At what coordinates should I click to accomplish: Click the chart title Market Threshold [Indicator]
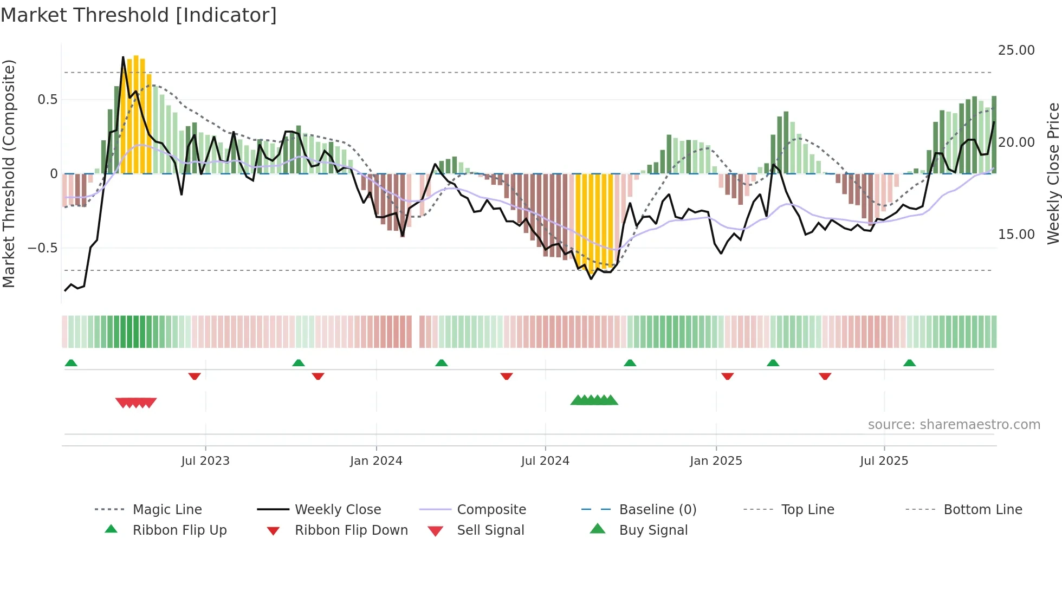coord(139,15)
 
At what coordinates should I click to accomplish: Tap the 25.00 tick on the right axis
coord(1016,50)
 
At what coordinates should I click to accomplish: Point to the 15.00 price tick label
coord(1016,235)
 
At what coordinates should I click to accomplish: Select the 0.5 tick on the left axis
coord(48,100)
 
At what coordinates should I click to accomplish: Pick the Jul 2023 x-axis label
coord(205,461)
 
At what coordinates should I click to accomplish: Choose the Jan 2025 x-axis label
coord(716,461)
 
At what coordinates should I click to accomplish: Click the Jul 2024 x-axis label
coord(545,461)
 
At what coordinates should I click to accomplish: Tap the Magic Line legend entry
coord(167,510)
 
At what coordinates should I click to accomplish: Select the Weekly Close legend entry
coord(338,510)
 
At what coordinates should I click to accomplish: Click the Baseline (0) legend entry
coord(657,510)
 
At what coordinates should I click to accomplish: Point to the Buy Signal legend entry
coord(653,530)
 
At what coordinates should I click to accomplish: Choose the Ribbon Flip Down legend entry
coord(351,530)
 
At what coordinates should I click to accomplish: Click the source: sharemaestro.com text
coord(954,425)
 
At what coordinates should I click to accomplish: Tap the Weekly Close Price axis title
coord(1053,173)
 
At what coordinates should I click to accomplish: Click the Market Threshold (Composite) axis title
coord(9,173)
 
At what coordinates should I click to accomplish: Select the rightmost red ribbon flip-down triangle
coord(825,377)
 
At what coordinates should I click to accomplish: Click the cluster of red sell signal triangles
coord(136,403)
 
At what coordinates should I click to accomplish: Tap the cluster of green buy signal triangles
coord(594,400)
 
